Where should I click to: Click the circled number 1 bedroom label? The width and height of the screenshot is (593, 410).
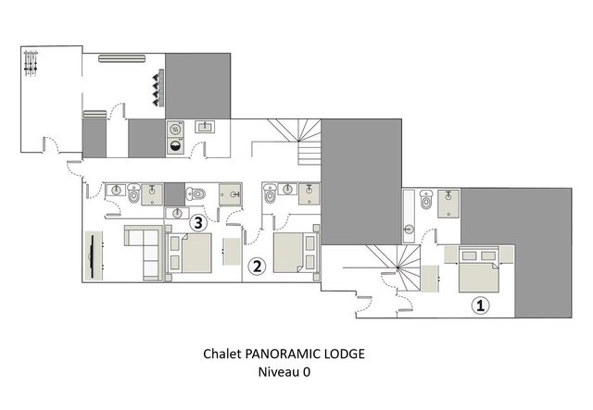480,305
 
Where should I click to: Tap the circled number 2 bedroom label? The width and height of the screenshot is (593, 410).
257,267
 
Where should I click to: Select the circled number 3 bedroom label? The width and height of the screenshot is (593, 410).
198,223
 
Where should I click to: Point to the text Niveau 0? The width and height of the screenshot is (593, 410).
284,372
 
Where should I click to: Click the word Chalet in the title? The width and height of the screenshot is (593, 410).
222,354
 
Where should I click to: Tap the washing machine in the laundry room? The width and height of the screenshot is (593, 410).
175,146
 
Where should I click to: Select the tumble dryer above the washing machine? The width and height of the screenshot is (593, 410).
175,130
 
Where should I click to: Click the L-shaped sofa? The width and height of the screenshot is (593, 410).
144,253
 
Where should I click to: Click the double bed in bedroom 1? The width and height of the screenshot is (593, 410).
479,269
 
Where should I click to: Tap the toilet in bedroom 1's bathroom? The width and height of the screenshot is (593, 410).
426,199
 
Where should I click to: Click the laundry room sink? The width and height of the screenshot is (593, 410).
205,127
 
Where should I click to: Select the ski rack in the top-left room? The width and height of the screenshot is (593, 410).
31,63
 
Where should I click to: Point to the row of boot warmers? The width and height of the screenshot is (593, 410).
158,88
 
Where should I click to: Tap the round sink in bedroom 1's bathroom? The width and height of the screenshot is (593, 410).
409,230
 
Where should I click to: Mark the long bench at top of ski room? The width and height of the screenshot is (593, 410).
121,58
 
